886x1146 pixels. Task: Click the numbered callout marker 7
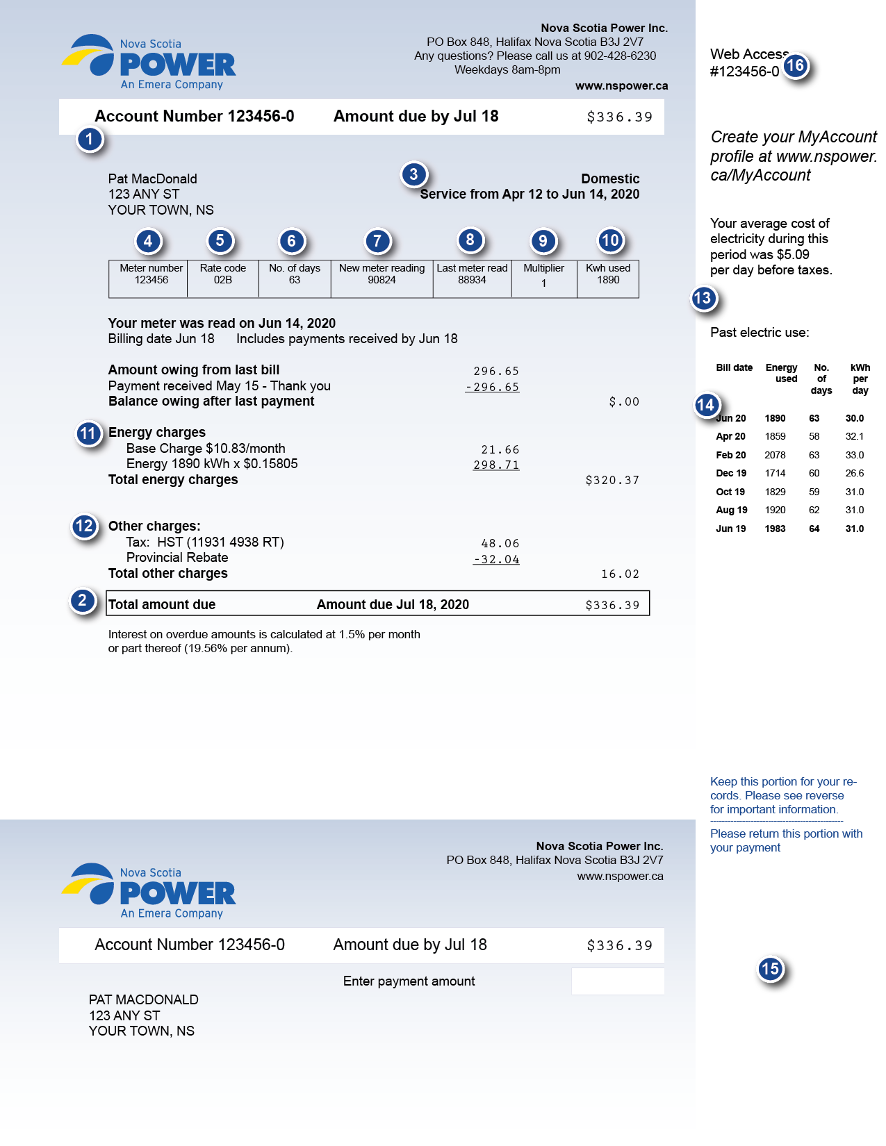click(378, 242)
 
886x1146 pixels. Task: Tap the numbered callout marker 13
click(703, 299)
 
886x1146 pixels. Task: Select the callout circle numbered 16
click(795, 66)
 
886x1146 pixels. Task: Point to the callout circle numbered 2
click(83, 601)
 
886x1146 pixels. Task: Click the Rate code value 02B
click(223, 280)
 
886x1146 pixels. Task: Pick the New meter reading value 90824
click(382, 280)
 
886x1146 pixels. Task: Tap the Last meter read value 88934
click(472, 280)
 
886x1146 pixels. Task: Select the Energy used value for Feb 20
click(775, 455)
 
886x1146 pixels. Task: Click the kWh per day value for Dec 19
click(855, 473)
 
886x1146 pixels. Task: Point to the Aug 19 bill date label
click(732, 510)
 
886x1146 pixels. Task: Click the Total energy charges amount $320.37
click(612, 480)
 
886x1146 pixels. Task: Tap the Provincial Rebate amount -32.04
click(496, 559)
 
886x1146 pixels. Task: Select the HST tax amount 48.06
click(500, 543)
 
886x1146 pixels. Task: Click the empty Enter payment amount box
click(618, 981)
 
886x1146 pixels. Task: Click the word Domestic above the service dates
click(610, 178)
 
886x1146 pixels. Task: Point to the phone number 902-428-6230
click(620, 56)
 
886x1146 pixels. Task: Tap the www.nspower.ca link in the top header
click(621, 85)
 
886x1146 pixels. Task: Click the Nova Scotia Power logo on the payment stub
click(149, 891)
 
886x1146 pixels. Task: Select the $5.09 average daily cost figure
click(793, 254)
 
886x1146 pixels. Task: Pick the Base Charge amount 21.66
click(500, 449)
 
